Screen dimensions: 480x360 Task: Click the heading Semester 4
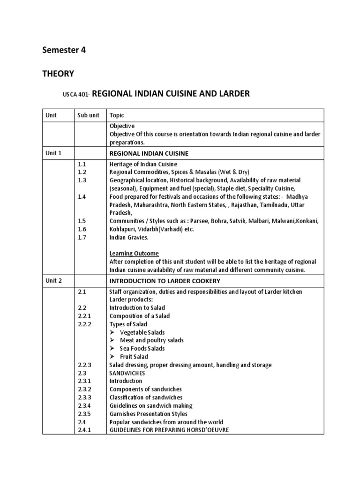point(65,51)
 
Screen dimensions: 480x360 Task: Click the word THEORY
point(59,73)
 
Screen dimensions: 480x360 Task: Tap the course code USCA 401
point(75,95)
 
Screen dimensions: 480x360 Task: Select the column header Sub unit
point(88,115)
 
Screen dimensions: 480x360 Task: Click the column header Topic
point(117,115)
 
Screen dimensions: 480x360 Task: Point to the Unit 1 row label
point(53,153)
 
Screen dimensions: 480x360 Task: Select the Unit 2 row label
point(53,281)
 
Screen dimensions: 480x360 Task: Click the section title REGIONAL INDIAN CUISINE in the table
point(149,154)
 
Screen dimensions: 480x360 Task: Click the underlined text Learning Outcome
point(134,254)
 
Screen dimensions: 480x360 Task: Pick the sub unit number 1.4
point(82,197)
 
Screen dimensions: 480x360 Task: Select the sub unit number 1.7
point(82,238)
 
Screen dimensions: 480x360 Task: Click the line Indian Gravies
point(129,238)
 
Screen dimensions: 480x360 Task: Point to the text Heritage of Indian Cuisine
point(143,164)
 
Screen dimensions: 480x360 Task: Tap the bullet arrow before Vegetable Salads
point(112,332)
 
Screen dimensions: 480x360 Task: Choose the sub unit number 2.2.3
point(85,365)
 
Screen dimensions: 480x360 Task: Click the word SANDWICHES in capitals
point(127,373)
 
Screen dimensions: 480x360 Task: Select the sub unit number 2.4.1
point(85,430)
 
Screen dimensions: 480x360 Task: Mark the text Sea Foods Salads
point(142,349)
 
